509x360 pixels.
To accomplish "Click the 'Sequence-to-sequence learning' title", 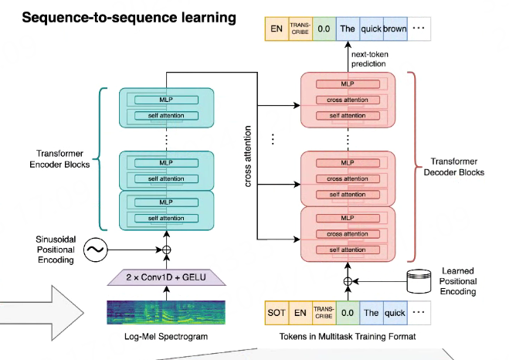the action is point(129,18).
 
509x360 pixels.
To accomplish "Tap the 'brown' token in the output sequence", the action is point(395,29).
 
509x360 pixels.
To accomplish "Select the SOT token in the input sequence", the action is point(277,313).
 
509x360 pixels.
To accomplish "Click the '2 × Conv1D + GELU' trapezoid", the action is point(166,277).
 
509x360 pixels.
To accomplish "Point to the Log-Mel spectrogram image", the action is point(166,312).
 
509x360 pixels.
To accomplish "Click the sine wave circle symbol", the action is point(96,250).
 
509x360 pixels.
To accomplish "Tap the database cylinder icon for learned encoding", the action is point(419,281).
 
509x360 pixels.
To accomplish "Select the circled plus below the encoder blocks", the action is point(166,250).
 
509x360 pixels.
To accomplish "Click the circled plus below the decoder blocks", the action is point(348,281).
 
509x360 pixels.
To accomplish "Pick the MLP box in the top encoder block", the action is point(166,100).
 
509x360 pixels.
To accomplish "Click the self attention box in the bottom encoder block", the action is point(166,218).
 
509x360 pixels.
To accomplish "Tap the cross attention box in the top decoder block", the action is point(348,100).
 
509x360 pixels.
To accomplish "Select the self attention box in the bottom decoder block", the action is point(348,250).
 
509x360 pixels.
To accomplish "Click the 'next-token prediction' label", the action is point(370,59).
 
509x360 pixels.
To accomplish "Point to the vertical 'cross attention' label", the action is point(248,156).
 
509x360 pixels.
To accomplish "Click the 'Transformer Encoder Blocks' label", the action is point(59,158).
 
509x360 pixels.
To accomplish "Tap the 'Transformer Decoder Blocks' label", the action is point(454,167).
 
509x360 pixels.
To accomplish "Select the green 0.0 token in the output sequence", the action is point(324,29).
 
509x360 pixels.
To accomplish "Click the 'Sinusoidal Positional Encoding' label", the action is point(56,250).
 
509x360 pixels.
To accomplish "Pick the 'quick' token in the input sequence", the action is point(395,313).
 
